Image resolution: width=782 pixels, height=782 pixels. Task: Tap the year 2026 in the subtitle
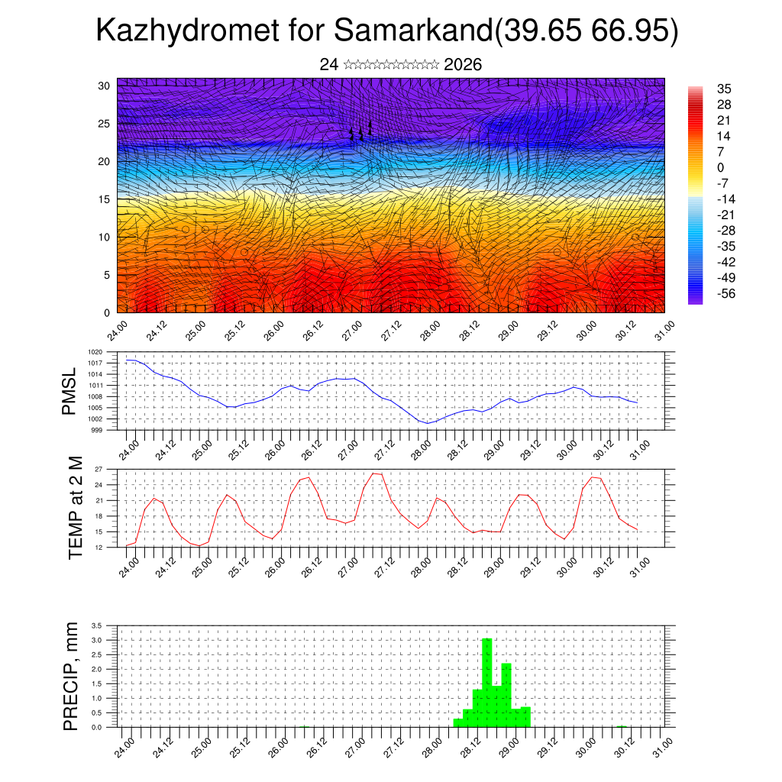click(462, 65)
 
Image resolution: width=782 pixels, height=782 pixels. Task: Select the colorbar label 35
click(724, 89)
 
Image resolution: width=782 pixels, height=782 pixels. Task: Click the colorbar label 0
click(720, 167)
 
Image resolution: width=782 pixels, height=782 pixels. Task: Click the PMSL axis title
click(69, 390)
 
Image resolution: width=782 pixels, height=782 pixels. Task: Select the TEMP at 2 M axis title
click(75, 507)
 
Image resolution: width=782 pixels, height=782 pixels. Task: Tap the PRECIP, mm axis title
click(71, 675)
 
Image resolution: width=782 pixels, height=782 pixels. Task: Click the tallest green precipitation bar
click(487, 681)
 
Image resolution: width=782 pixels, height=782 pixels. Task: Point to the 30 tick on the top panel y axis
click(103, 86)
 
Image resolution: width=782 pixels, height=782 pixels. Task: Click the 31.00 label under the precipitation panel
click(664, 744)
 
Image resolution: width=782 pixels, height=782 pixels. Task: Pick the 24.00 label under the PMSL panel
click(128, 447)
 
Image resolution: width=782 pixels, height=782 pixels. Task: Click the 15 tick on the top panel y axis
click(103, 199)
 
